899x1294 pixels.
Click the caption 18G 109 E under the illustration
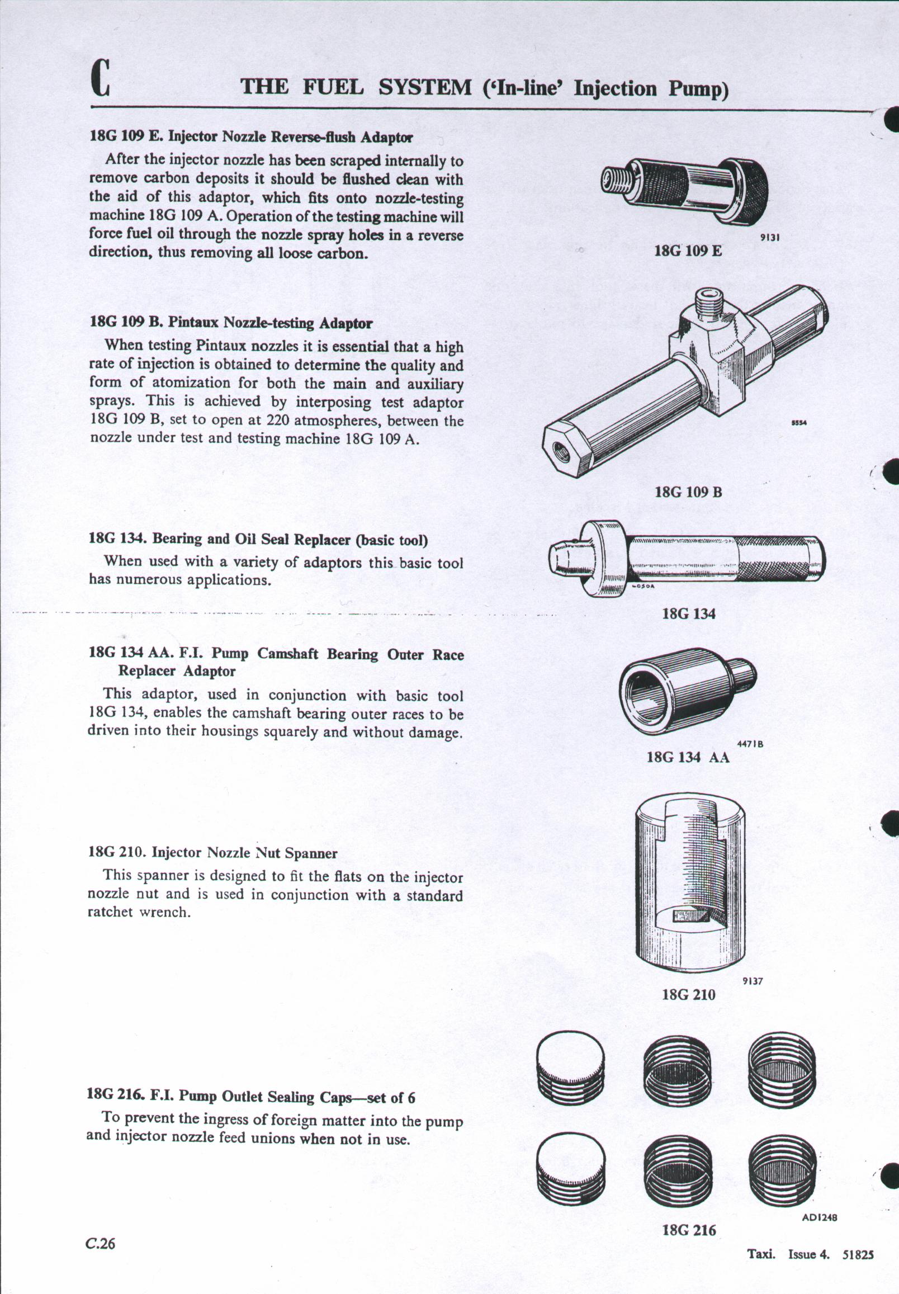[688, 250]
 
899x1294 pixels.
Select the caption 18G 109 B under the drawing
[688, 492]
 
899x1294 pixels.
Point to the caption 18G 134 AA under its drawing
[688, 757]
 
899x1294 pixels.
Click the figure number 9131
[769, 238]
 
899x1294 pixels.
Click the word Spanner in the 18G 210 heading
[311, 853]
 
